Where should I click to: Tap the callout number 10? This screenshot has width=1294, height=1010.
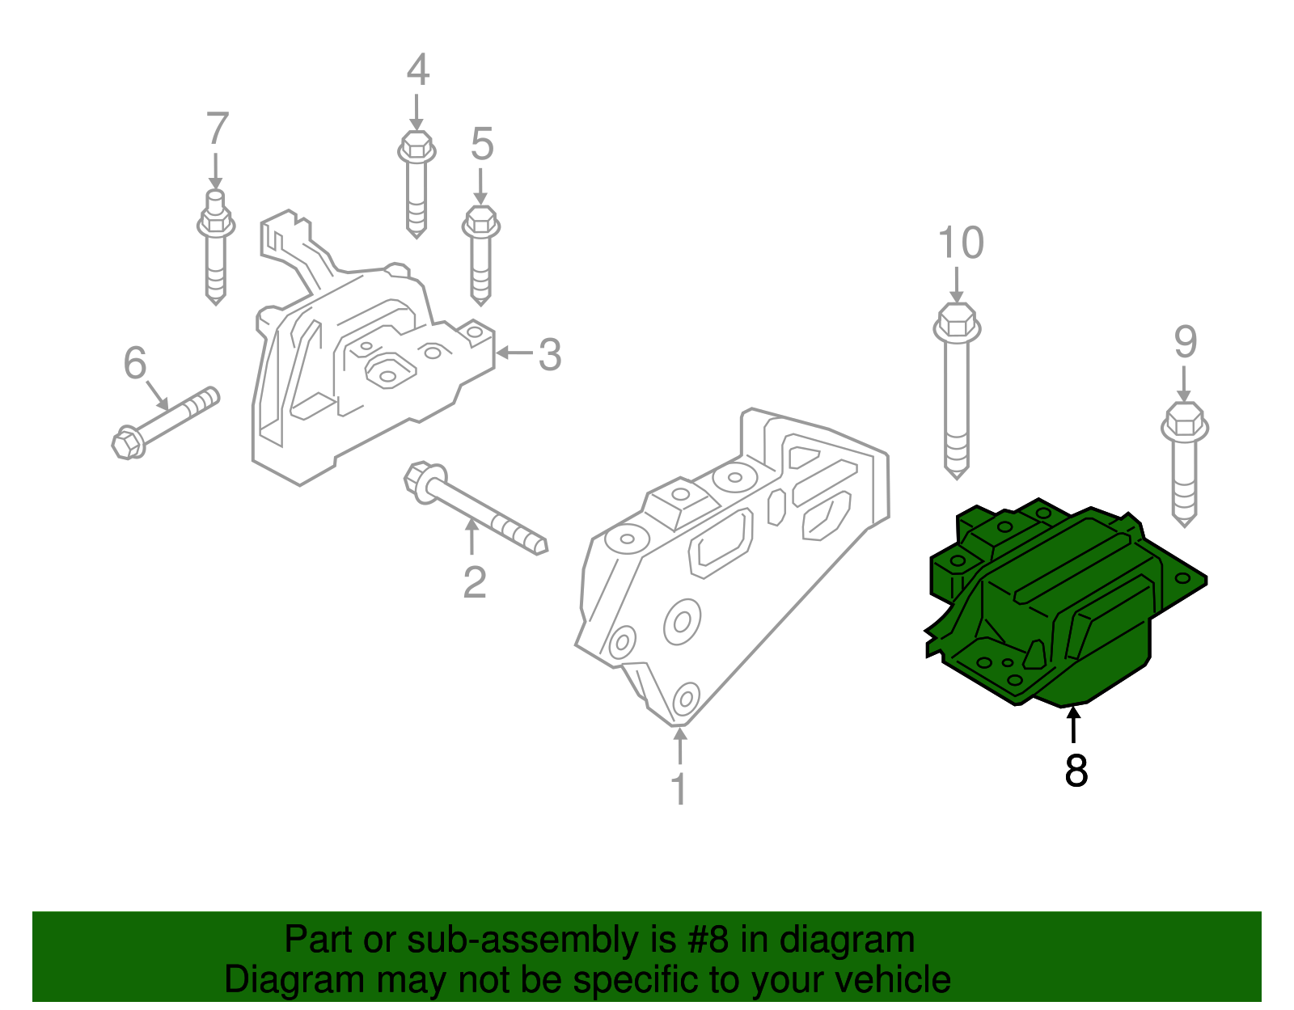point(961,243)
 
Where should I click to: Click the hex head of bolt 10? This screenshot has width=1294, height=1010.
point(957,322)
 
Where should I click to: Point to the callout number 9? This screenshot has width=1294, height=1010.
point(1185,342)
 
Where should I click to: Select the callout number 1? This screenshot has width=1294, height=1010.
point(679,789)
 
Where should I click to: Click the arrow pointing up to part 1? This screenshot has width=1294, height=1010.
point(680,745)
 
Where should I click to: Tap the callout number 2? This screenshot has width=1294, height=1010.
point(475,582)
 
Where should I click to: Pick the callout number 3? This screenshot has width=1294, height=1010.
point(550,355)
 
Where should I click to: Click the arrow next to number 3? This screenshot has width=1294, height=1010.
point(513,353)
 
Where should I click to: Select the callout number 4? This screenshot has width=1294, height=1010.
point(417,70)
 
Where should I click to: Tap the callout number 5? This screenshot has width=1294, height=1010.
point(482,145)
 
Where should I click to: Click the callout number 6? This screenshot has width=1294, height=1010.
point(135,363)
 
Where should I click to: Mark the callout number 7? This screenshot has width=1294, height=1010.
point(217,129)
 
